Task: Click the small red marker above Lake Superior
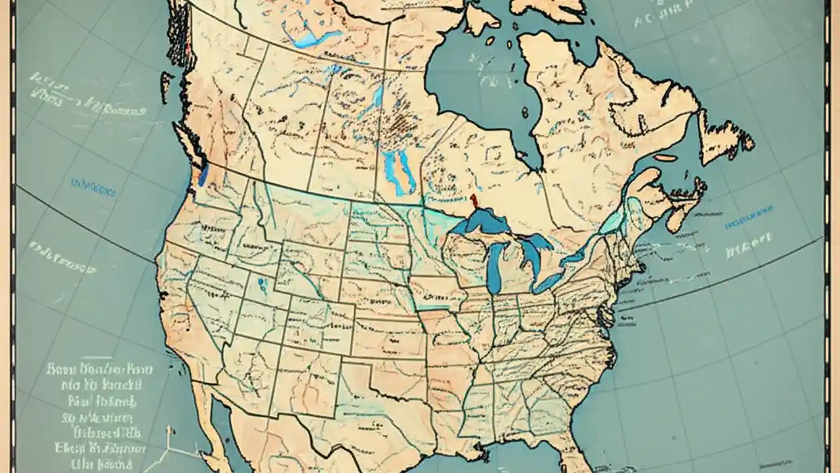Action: [472, 200]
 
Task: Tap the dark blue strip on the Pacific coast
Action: [203, 173]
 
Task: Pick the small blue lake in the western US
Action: [262, 284]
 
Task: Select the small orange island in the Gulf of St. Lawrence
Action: [665, 158]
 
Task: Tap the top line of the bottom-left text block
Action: [98, 369]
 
